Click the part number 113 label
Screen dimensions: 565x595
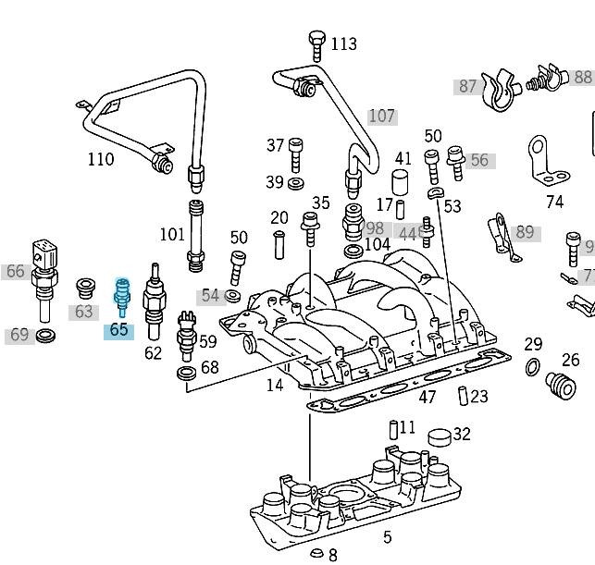[343, 43]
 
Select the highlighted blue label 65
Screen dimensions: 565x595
[118, 330]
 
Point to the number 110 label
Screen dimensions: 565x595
[101, 159]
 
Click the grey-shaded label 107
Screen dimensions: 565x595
[382, 117]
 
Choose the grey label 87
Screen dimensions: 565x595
[467, 86]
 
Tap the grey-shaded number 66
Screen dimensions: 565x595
[15, 271]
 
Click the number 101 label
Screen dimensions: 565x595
[172, 234]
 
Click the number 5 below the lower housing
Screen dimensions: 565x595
[387, 537]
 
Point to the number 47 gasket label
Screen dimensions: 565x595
[427, 398]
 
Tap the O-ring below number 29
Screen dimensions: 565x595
[532, 369]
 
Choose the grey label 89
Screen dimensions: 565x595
[525, 232]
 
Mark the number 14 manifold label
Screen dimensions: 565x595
[275, 385]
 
